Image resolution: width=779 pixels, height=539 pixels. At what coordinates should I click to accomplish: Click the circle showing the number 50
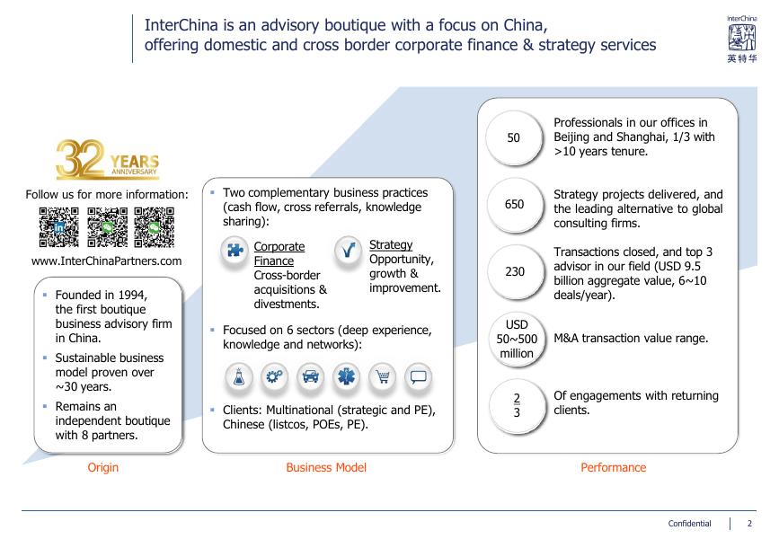coord(514,137)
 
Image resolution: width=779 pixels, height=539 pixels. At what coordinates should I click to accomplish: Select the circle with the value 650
coord(514,205)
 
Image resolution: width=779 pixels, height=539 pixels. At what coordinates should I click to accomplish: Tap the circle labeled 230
coord(514,271)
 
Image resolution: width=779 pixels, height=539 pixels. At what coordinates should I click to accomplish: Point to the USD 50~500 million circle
coord(517,339)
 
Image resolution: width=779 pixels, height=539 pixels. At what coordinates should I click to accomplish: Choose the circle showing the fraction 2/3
coord(517,405)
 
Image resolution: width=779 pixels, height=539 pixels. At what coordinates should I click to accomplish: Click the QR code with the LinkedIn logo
coord(59,227)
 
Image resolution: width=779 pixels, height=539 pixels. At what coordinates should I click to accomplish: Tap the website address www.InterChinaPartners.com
coord(107,261)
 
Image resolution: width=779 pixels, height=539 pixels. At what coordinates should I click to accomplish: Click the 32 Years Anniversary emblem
coord(107,160)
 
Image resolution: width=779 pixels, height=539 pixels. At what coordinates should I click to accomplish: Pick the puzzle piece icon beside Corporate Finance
coord(235,251)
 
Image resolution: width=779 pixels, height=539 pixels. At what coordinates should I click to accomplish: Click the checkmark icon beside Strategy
coord(347,251)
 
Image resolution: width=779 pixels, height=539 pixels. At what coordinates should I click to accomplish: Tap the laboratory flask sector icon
coord(239,377)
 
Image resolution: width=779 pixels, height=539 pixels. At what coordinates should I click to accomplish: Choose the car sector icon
coord(311,377)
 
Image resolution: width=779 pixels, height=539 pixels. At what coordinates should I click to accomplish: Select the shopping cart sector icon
coord(383,377)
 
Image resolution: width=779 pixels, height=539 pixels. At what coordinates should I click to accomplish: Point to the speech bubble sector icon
coord(418,377)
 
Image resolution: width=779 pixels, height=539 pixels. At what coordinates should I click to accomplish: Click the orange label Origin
coord(102,467)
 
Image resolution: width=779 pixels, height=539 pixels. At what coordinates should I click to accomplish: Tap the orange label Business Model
coord(326,467)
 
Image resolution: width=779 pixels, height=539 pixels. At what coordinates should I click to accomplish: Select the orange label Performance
coord(613,467)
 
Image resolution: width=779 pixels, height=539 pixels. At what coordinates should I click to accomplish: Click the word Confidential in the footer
coord(689,524)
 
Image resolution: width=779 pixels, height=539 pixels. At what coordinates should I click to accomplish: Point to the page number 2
coord(750,524)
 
